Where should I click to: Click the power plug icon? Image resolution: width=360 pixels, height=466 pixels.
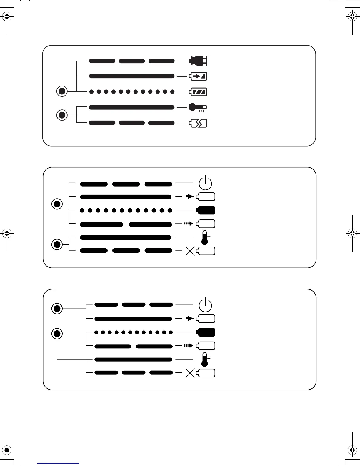(198, 61)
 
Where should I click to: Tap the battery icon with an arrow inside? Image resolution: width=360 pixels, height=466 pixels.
(198, 76)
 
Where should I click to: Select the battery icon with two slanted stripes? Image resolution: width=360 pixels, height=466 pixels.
(198, 92)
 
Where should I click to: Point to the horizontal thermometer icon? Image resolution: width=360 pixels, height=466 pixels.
(198, 107)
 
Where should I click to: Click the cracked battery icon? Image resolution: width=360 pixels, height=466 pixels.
(198, 123)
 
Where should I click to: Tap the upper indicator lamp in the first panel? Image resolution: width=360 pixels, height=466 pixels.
(62, 91)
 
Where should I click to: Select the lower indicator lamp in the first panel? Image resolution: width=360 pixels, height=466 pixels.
(62, 115)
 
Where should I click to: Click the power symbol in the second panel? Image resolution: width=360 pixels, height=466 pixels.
(205, 183)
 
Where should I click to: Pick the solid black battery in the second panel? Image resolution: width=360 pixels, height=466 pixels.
(206, 210)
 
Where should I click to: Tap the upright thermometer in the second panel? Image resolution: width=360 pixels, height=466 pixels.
(205, 238)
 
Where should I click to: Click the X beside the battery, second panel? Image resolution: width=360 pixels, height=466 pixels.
(190, 251)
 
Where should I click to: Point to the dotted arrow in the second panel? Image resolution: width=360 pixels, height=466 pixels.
(189, 224)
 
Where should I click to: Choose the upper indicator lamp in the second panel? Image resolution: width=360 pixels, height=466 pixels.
(57, 204)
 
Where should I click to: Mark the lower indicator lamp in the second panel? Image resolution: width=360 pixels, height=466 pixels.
(57, 244)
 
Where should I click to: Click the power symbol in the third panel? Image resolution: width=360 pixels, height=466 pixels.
(205, 305)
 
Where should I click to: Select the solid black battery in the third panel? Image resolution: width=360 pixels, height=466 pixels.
(206, 332)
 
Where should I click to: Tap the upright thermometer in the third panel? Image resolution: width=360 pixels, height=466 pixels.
(205, 360)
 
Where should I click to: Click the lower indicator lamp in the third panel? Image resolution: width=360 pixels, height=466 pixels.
(57, 334)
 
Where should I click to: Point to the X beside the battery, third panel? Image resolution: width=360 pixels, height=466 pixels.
(190, 373)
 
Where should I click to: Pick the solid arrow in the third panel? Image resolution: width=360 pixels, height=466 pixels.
(190, 318)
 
